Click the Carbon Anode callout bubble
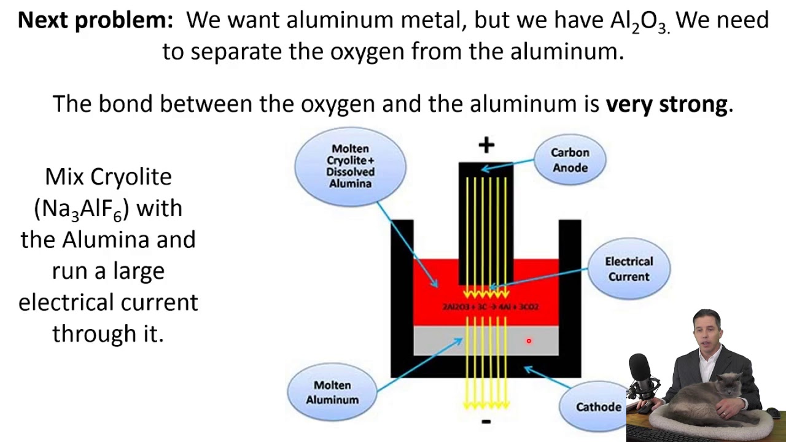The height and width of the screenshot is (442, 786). click(x=569, y=160)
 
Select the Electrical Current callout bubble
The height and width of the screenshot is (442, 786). click(x=628, y=269)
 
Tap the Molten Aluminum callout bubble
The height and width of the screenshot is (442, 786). click(x=332, y=392)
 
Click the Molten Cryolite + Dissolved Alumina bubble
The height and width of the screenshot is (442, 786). click(x=350, y=166)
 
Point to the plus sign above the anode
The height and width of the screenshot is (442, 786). click(x=486, y=145)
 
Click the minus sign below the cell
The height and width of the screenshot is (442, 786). click(x=486, y=422)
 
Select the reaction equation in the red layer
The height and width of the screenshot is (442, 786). click(x=490, y=306)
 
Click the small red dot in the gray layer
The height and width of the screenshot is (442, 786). click(x=529, y=341)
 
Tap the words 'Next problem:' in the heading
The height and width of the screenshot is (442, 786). click(x=96, y=20)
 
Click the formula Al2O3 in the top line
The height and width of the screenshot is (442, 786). click(x=638, y=21)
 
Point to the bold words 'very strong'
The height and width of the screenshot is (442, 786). click(x=666, y=104)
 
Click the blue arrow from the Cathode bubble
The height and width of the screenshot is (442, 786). click(x=544, y=376)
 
